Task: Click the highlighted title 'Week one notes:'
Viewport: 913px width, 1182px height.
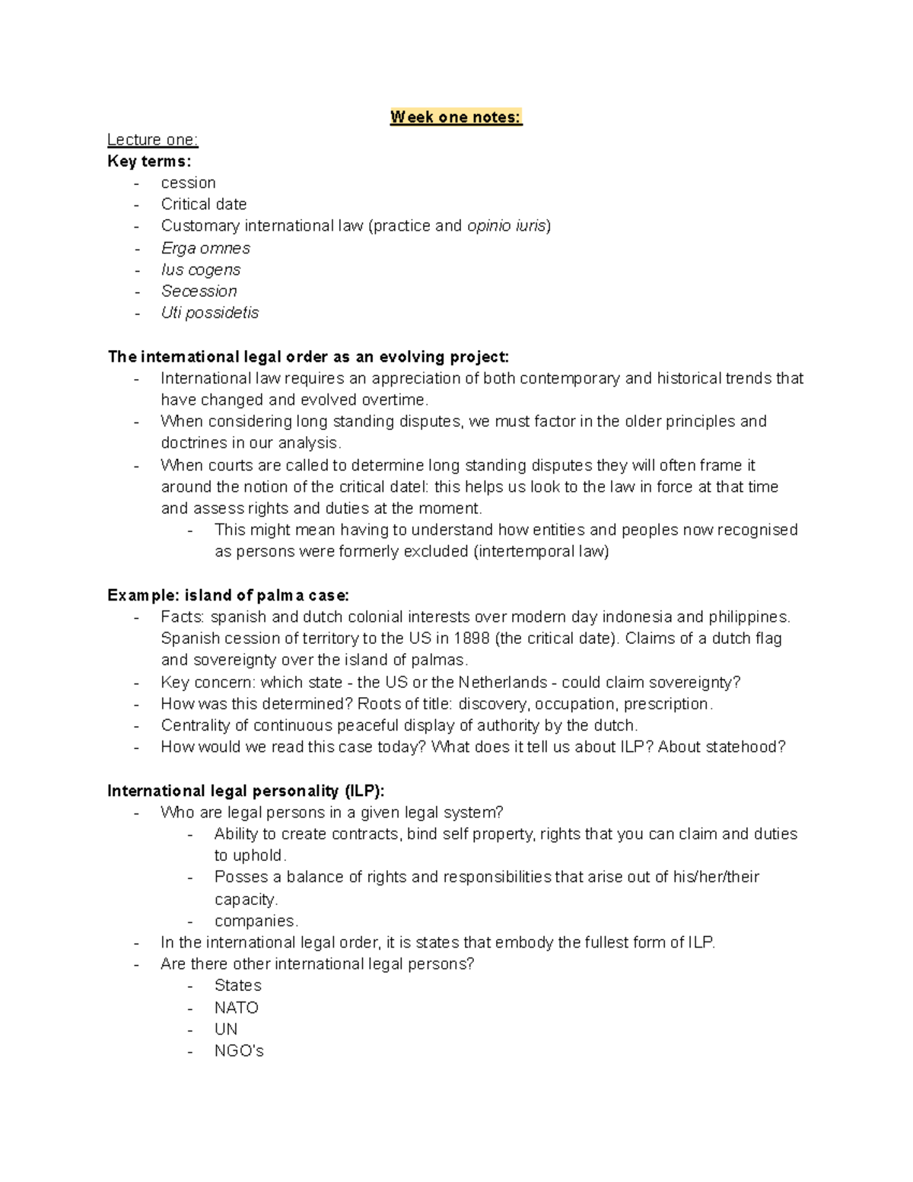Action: click(456, 117)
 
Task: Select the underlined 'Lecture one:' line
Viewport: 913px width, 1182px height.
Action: click(152, 139)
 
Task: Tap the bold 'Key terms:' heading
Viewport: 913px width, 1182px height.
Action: click(149, 161)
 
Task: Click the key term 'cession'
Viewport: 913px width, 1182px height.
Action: click(188, 183)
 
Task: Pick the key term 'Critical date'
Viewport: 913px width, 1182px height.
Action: click(203, 204)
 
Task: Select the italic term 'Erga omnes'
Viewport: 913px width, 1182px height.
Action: click(205, 248)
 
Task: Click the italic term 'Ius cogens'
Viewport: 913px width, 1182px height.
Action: click(201, 269)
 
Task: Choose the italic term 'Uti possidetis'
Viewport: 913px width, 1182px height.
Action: click(210, 313)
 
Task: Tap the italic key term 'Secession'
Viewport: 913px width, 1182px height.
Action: click(199, 291)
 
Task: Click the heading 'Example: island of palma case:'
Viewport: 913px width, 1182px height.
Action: click(228, 595)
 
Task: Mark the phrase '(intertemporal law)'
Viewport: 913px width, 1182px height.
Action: click(541, 552)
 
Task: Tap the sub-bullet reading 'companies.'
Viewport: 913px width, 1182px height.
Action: click(256, 921)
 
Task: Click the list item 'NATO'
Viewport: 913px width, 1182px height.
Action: click(237, 1008)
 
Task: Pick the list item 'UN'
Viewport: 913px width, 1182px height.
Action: click(226, 1029)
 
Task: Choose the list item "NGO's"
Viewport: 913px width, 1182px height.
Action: click(239, 1051)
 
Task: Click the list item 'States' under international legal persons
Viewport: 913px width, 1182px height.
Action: click(237, 986)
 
